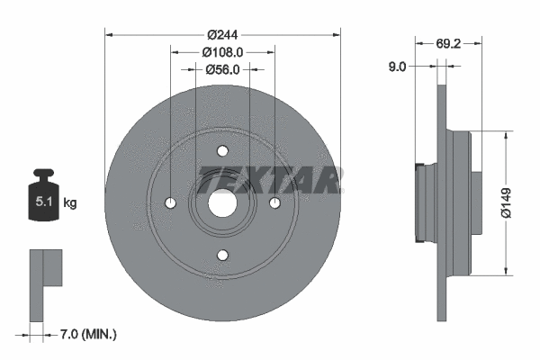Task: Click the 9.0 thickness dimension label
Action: click(x=397, y=66)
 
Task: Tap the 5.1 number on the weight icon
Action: click(x=41, y=203)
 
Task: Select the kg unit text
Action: click(x=70, y=203)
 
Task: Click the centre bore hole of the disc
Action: click(x=222, y=203)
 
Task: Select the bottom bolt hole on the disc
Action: click(x=222, y=256)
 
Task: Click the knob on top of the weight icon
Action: click(x=42, y=174)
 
